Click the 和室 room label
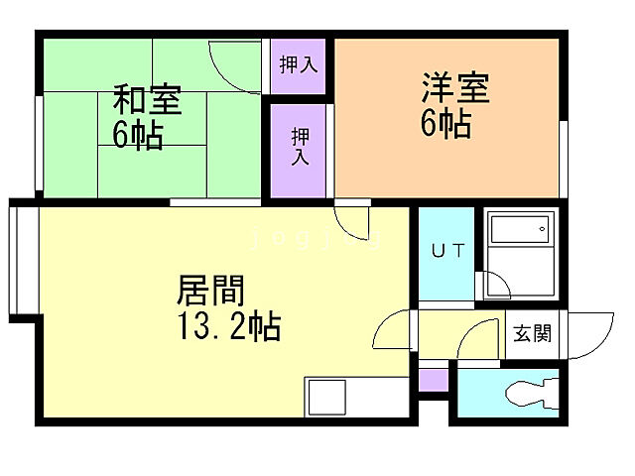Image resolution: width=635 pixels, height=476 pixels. coord(146,100)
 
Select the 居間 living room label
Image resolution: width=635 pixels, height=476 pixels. coord(210,291)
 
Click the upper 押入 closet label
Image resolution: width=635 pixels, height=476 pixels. coord(299,66)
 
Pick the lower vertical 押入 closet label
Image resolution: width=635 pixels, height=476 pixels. coord(299,147)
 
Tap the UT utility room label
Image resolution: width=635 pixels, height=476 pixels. coord(446,251)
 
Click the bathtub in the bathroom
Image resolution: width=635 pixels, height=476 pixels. coord(519,231)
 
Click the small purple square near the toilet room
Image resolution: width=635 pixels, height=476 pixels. coord(432,380)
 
